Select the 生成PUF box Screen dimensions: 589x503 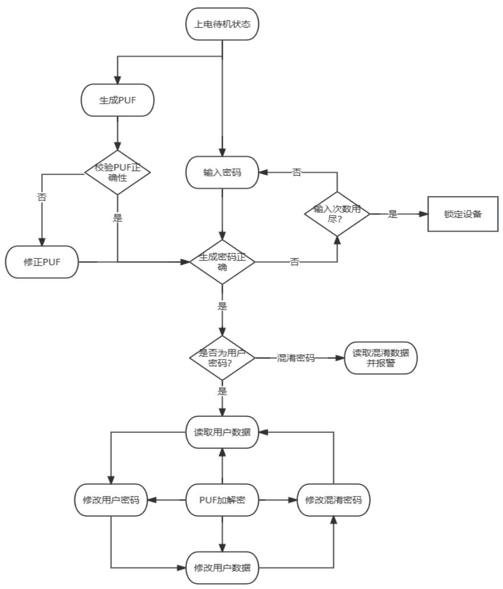[118, 100]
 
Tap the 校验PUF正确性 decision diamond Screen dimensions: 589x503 [118, 171]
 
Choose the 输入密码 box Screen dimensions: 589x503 [222, 171]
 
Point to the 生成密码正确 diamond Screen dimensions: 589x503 [222, 262]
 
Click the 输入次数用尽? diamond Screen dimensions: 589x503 [337, 214]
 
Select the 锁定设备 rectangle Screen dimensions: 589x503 [462, 214]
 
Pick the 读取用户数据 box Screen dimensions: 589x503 [222, 431]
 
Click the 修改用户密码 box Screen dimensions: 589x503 [111, 500]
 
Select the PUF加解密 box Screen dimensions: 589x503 [222, 500]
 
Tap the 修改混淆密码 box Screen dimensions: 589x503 [333, 500]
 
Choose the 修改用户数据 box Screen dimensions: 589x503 [222, 567]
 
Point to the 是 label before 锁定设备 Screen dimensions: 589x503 [393, 215]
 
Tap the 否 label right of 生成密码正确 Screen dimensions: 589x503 [295, 262]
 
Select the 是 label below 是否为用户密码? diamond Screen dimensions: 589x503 [222, 392]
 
